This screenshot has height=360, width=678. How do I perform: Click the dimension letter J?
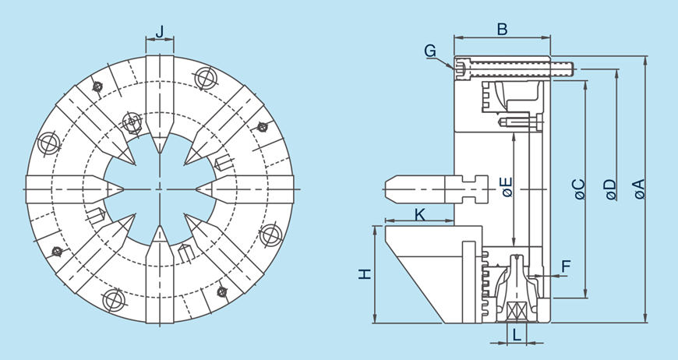coord(160,32)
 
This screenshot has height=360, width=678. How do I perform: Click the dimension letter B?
coord(503,29)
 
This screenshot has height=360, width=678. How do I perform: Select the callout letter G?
coord(430,51)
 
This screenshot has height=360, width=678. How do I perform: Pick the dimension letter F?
coord(567,266)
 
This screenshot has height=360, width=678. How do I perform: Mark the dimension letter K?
coord(419,214)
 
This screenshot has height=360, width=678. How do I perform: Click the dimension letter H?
coord(364,274)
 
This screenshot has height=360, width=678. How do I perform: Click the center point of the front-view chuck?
coord(160,189)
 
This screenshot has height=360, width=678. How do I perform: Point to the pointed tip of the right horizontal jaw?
coord(197,189)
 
